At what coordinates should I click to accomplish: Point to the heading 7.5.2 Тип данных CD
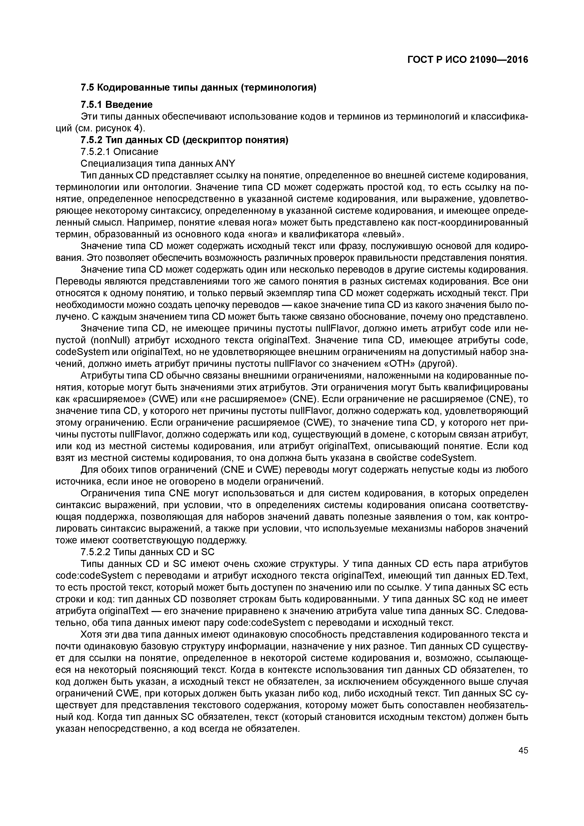click(184, 140)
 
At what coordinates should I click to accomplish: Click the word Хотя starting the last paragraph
click(93, 635)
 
